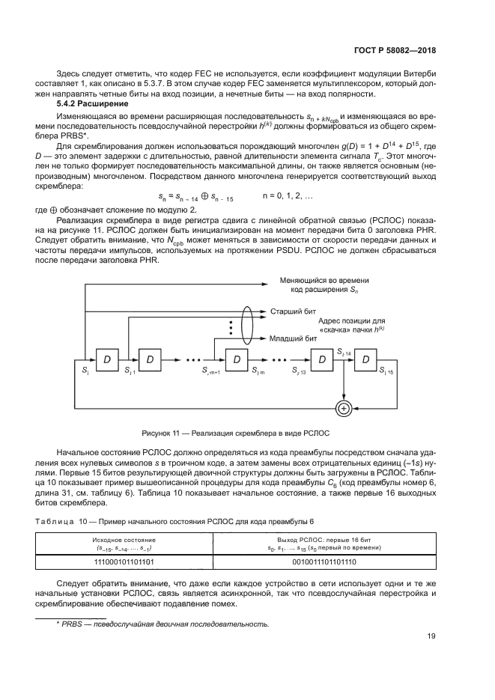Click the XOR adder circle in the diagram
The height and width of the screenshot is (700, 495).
coord(344,407)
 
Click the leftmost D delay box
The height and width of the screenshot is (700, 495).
coord(107,360)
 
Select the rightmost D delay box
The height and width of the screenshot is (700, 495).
coord(365,360)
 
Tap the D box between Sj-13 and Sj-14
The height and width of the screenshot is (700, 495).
coord(322,360)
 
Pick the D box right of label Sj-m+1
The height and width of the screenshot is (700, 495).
coord(236,360)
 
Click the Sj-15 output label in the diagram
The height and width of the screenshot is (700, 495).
coord(389,371)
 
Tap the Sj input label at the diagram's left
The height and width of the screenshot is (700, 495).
coord(85,371)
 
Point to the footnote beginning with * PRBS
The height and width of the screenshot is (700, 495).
coord(157,624)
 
